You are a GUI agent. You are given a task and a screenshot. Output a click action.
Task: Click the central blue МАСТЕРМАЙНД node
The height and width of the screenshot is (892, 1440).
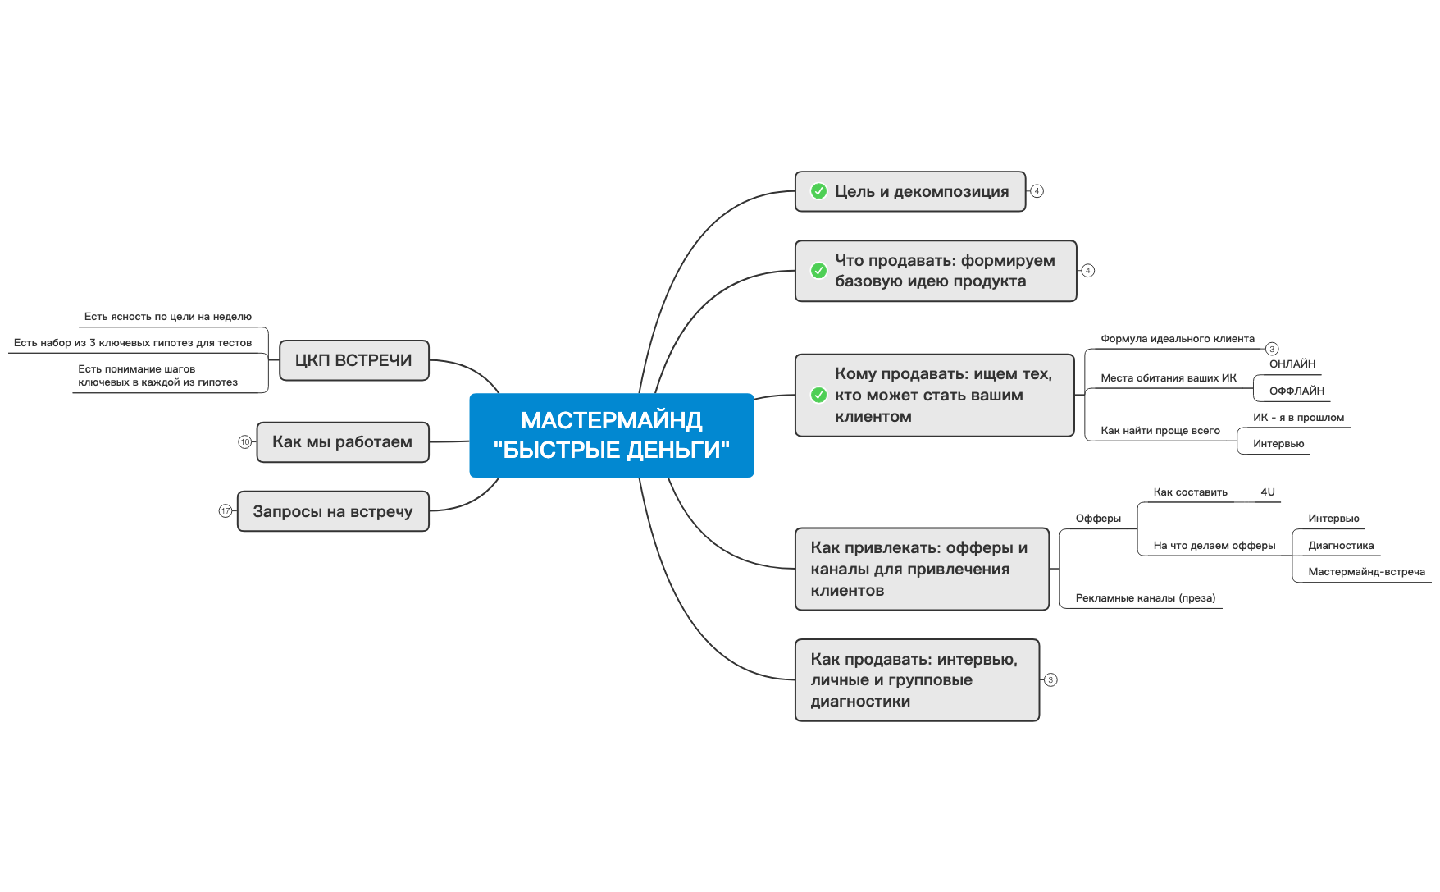tap(611, 435)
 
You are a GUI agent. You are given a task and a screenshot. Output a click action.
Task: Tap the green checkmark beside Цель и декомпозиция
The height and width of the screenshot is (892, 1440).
tap(818, 191)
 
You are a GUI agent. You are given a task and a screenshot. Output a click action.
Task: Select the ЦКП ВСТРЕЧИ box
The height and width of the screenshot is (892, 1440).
tap(353, 360)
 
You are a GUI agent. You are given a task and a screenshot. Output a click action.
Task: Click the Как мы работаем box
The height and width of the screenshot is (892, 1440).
tap(342, 442)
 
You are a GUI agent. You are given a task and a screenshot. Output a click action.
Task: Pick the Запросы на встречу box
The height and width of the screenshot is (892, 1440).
tap(332, 511)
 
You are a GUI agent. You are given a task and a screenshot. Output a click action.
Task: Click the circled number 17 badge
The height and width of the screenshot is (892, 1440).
tap(226, 511)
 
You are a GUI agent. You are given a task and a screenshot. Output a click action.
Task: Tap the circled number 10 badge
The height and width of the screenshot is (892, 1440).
tap(244, 442)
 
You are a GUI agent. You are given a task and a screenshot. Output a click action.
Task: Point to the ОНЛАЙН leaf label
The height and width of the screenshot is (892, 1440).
tap(1292, 364)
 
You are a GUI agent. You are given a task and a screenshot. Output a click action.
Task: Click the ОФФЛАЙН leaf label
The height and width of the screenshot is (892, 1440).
tap(1296, 391)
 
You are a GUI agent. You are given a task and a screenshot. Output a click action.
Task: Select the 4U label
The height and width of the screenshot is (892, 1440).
tap(1267, 492)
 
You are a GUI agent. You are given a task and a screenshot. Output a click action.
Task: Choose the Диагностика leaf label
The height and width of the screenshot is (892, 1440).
tap(1340, 546)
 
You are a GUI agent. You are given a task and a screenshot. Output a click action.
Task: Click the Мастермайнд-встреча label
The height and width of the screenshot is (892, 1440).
tap(1366, 572)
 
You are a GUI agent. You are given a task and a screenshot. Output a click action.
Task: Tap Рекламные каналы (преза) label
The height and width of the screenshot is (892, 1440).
tap(1145, 598)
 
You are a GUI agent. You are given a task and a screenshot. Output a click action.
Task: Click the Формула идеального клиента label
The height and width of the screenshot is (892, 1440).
tap(1177, 339)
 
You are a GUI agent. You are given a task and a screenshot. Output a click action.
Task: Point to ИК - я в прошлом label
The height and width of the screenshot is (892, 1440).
tap(1298, 418)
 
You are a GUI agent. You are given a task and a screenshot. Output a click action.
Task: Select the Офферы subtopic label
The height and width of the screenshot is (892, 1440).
tap(1097, 519)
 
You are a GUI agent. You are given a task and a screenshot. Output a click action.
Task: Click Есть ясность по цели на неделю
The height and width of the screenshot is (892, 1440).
tap(167, 317)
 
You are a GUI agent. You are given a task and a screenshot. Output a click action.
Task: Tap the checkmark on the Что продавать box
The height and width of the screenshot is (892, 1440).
tap(818, 271)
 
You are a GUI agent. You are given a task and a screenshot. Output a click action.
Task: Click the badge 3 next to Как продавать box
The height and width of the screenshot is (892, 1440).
tap(1050, 680)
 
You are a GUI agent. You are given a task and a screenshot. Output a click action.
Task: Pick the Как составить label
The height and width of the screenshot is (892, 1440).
tap(1190, 492)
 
